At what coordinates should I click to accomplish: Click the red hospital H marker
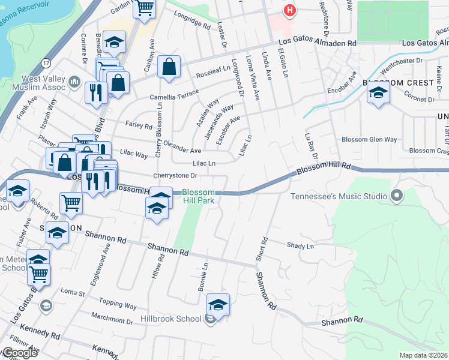point(291,11)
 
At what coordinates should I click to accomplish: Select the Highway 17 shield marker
point(46,62)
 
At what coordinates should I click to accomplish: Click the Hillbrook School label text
point(171,319)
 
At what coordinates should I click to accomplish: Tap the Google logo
point(19,352)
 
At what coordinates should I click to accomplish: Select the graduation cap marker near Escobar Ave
point(378,93)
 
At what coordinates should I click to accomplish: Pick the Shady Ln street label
point(300,246)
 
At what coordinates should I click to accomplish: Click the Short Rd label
point(263,248)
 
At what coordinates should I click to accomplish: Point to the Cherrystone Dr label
point(175,175)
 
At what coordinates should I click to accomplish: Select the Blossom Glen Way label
point(369,139)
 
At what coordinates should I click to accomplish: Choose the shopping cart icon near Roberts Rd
point(71,204)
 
